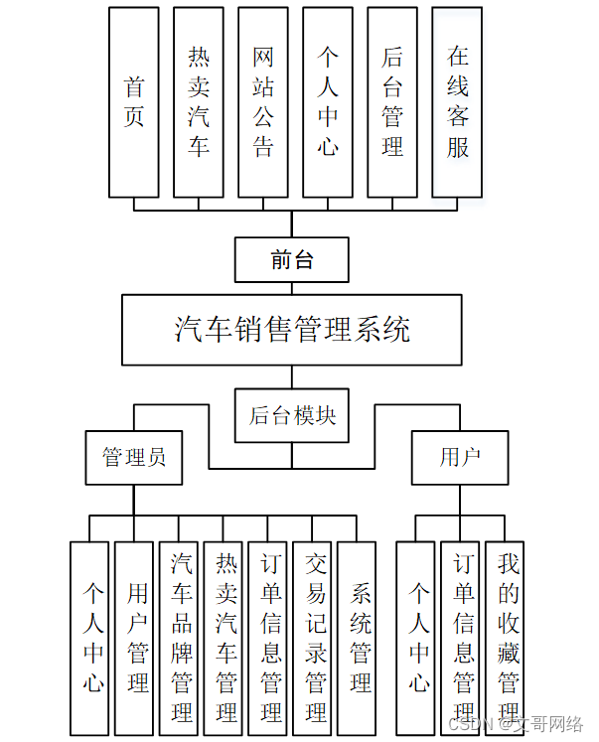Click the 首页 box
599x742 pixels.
click(x=134, y=102)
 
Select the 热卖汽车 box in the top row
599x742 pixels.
click(x=199, y=102)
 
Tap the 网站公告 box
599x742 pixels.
click(x=263, y=102)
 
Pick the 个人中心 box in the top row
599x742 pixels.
click(x=328, y=102)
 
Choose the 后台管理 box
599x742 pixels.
click(x=392, y=102)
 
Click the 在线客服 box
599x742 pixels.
click(x=457, y=102)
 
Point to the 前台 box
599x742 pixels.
click(x=292, y=260)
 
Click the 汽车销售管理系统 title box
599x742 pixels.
click(x=292, y=329)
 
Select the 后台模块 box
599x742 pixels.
click(x=292, y=414)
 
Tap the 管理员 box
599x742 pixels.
click(x=134, y=457)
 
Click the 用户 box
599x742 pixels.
click(x=460, y=457)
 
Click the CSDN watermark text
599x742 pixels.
click(x=517, y=723)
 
